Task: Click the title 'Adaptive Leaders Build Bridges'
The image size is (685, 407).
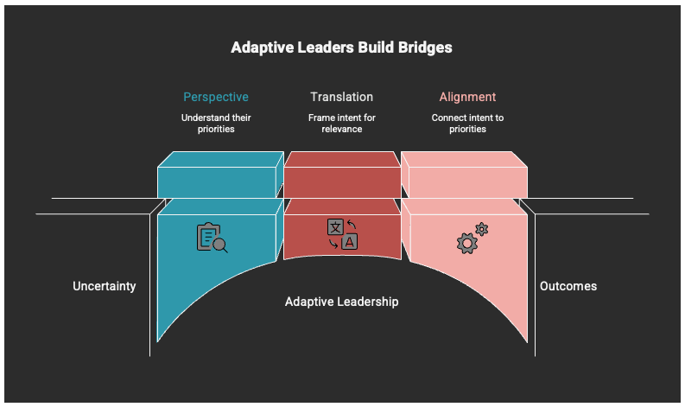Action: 341,48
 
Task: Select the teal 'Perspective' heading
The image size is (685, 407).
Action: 215,97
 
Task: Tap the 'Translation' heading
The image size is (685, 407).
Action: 342,97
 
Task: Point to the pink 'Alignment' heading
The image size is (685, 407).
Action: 467,97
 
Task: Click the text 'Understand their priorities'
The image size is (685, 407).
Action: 215,123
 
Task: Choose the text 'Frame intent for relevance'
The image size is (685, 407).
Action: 342,123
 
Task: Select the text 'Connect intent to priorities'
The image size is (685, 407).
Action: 467,123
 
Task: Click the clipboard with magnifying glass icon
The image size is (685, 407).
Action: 212,238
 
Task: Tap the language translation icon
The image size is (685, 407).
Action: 342,234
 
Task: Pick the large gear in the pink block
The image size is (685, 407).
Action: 466,244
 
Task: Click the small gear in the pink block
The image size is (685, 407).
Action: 482,229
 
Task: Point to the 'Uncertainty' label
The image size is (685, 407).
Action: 105,286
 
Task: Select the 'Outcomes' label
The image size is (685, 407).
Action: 568,286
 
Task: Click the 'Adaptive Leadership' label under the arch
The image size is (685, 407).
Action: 342,302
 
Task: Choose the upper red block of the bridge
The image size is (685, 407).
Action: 342,176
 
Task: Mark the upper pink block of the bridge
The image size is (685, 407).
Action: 467,176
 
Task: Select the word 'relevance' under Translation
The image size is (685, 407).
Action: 342,129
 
